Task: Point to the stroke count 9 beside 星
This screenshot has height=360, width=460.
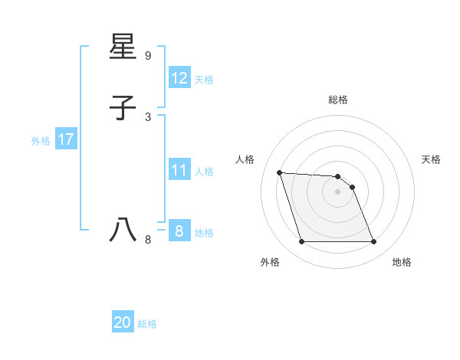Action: tap(148, 56)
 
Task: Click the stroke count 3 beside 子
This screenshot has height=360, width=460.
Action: tap(148, 116)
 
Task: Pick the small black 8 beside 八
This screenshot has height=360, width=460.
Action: tap(148, 239)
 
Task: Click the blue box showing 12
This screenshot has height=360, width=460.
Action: tap(179, 78)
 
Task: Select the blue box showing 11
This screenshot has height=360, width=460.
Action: tap(179, 170)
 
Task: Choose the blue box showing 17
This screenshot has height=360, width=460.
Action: tap(65, 140)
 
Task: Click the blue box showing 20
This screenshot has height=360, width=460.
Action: tap(122, 323)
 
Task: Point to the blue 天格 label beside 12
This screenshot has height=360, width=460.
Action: tap(204, 80)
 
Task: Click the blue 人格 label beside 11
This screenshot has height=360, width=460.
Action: tap(204, 172)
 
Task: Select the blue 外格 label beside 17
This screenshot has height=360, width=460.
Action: tap(41, 141)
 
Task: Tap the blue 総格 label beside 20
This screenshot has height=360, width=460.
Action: tap(147, 324)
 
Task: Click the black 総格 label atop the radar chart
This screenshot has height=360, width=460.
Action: tap(337, 100)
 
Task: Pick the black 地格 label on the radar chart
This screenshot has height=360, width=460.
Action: tap(402, 262)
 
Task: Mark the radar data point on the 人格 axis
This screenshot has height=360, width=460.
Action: tap(280, 172)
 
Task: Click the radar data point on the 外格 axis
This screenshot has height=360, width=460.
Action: tap(301, 242)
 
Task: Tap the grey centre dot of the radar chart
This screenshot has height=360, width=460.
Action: tap(337, 191)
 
